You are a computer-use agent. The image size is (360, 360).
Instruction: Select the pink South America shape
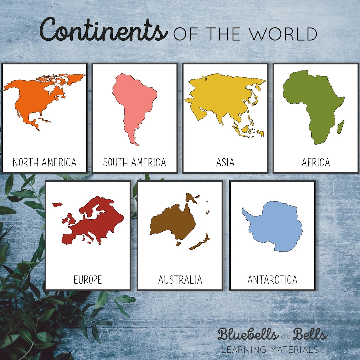(133, 100)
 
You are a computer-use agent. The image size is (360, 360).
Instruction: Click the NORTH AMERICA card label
(44, 162)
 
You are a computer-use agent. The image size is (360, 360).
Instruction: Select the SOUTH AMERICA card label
(135, 162)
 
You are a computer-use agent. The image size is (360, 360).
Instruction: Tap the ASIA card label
(225, 162)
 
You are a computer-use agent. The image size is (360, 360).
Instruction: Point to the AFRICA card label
(316, 162)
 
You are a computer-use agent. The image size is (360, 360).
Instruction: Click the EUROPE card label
(88, 280)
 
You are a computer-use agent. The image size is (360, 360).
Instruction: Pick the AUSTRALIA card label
(180, 280)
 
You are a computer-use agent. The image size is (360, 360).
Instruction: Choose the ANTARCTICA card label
(272, 280)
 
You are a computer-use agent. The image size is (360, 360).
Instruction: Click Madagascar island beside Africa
(340, 127)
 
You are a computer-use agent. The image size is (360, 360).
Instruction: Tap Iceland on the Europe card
(57, 204)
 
